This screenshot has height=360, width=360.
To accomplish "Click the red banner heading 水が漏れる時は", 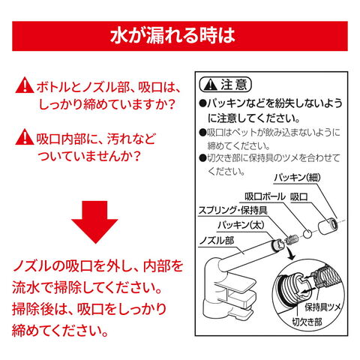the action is [x=172, y=35].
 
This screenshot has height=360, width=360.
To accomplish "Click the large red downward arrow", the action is [x=94, y=222].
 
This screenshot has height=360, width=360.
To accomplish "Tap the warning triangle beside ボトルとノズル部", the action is [x=25, y=85].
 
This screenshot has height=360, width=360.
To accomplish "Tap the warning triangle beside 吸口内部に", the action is [x=25, y=136].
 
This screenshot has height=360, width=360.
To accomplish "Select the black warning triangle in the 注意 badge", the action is [x=210, y=85].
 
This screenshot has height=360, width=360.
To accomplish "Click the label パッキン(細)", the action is [x=297, y=178].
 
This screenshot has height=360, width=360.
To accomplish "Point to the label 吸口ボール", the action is [x=265, y=196].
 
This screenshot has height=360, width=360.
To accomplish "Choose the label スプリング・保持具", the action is [x=232, y=210].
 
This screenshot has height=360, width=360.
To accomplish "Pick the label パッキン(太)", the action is [x=241, y=225].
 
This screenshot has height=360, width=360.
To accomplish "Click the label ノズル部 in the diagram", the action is [x=217, y=241].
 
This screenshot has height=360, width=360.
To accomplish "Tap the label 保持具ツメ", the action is [x=322, y=307].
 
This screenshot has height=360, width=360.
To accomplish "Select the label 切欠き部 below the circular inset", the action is [x=307, y=322].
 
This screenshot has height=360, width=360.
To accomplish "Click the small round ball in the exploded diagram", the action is [x=307, y=234].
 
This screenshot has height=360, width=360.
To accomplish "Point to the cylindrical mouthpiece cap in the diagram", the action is [x=328, y=226].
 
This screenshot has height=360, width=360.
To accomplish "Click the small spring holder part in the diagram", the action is [x=292, y=239].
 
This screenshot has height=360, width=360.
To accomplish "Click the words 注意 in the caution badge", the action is [x=234, y=85].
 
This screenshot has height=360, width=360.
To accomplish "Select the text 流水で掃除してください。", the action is [x=87, y=287].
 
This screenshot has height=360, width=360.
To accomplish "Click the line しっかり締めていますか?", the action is [x=106, y=105].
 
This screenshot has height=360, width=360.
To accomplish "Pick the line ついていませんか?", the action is [x=88, y=156].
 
